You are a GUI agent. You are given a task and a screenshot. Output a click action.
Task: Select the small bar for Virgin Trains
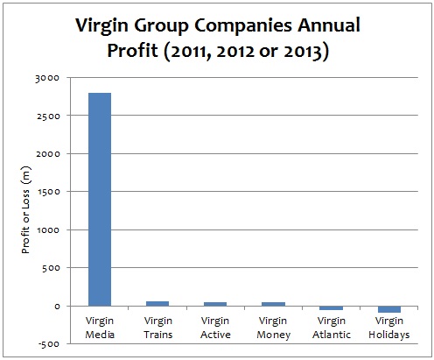[157, 303]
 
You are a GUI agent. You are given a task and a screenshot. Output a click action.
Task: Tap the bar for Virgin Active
[214, 304]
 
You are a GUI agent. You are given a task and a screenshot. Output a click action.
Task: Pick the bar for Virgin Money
[273, 304]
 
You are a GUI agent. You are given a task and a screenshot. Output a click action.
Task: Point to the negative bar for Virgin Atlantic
[331, 308]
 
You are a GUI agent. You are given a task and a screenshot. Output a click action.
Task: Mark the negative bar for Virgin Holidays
[388, 309]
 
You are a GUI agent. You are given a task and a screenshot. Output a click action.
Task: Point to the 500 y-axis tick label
[51, 268]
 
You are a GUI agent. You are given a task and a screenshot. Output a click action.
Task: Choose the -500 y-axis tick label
[49, 344]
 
